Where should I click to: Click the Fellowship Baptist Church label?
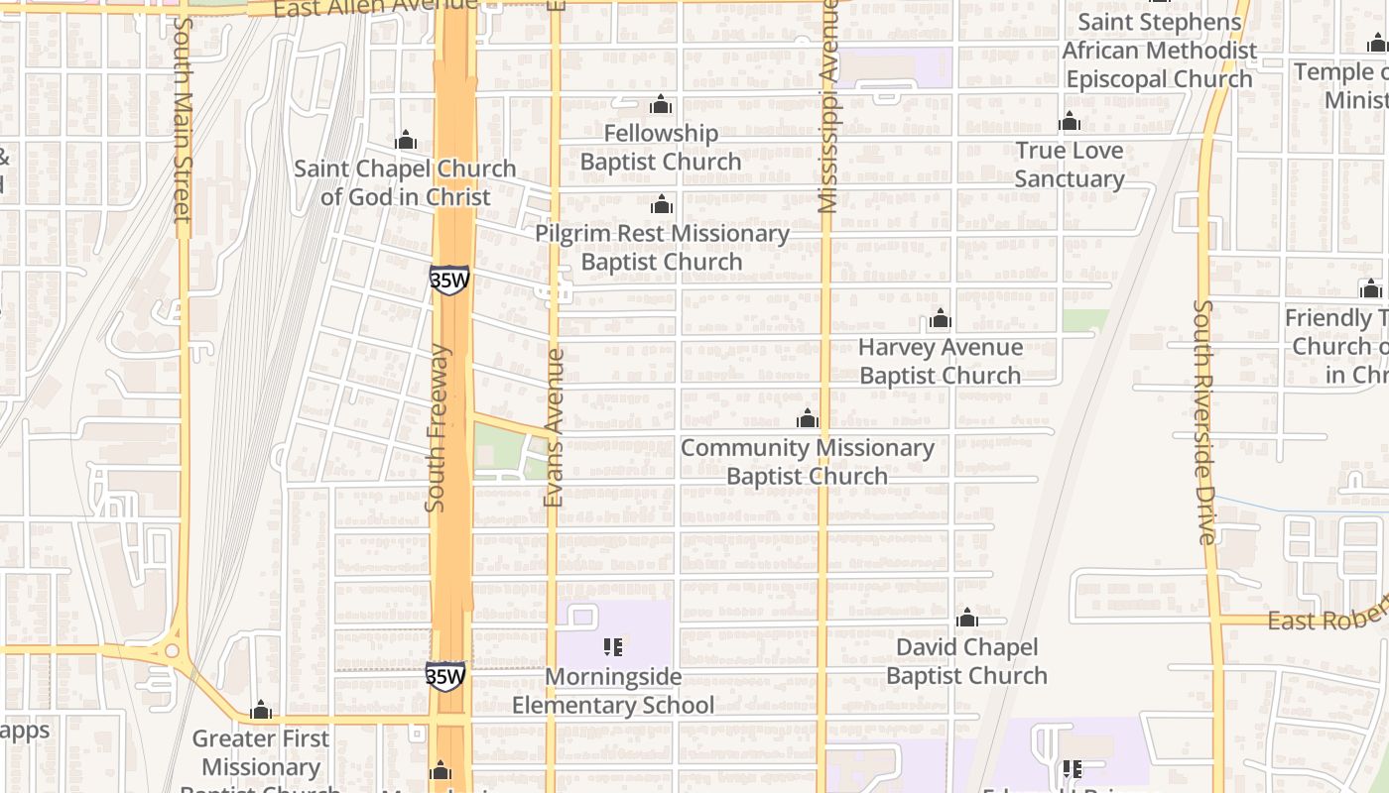661,148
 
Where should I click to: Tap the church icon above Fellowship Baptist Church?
661,105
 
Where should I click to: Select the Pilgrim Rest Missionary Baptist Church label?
662,248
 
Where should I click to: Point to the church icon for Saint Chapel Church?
405,141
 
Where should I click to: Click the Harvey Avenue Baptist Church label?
940,362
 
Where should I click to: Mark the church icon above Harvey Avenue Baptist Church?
940,319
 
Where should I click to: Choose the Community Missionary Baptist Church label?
808,462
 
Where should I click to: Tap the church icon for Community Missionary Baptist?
808,419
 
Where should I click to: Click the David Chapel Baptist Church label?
966,661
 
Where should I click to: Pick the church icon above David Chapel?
967,619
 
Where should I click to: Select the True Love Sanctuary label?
1070,165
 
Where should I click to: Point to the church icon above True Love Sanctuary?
1070,122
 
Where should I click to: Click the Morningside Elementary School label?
613,691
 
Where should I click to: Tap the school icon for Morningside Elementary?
613,647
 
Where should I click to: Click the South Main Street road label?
181,119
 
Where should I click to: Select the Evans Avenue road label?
554,426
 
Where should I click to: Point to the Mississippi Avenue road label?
827,109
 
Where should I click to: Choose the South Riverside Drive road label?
1204,421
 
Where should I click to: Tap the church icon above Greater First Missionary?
261,711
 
